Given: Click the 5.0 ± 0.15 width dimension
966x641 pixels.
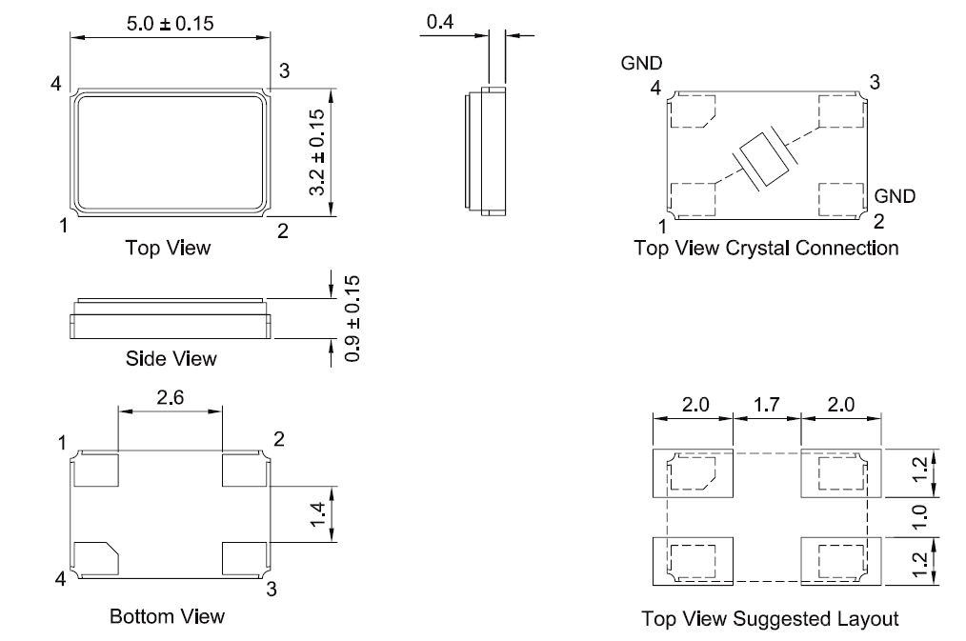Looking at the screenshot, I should point(171,23).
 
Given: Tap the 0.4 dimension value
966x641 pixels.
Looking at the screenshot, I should point(440,22).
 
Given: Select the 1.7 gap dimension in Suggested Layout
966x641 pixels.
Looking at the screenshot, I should point(766,404).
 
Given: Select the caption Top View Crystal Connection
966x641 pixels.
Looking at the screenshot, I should point(766,249).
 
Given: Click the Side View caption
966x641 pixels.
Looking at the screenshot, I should point(171,359).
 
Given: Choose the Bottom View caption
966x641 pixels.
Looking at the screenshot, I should point(168,616).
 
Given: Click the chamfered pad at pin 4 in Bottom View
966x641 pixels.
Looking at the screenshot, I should point(97,557).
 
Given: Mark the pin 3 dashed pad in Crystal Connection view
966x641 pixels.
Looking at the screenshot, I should point(838,115).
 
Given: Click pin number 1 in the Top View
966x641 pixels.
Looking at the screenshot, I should point(62,226).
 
